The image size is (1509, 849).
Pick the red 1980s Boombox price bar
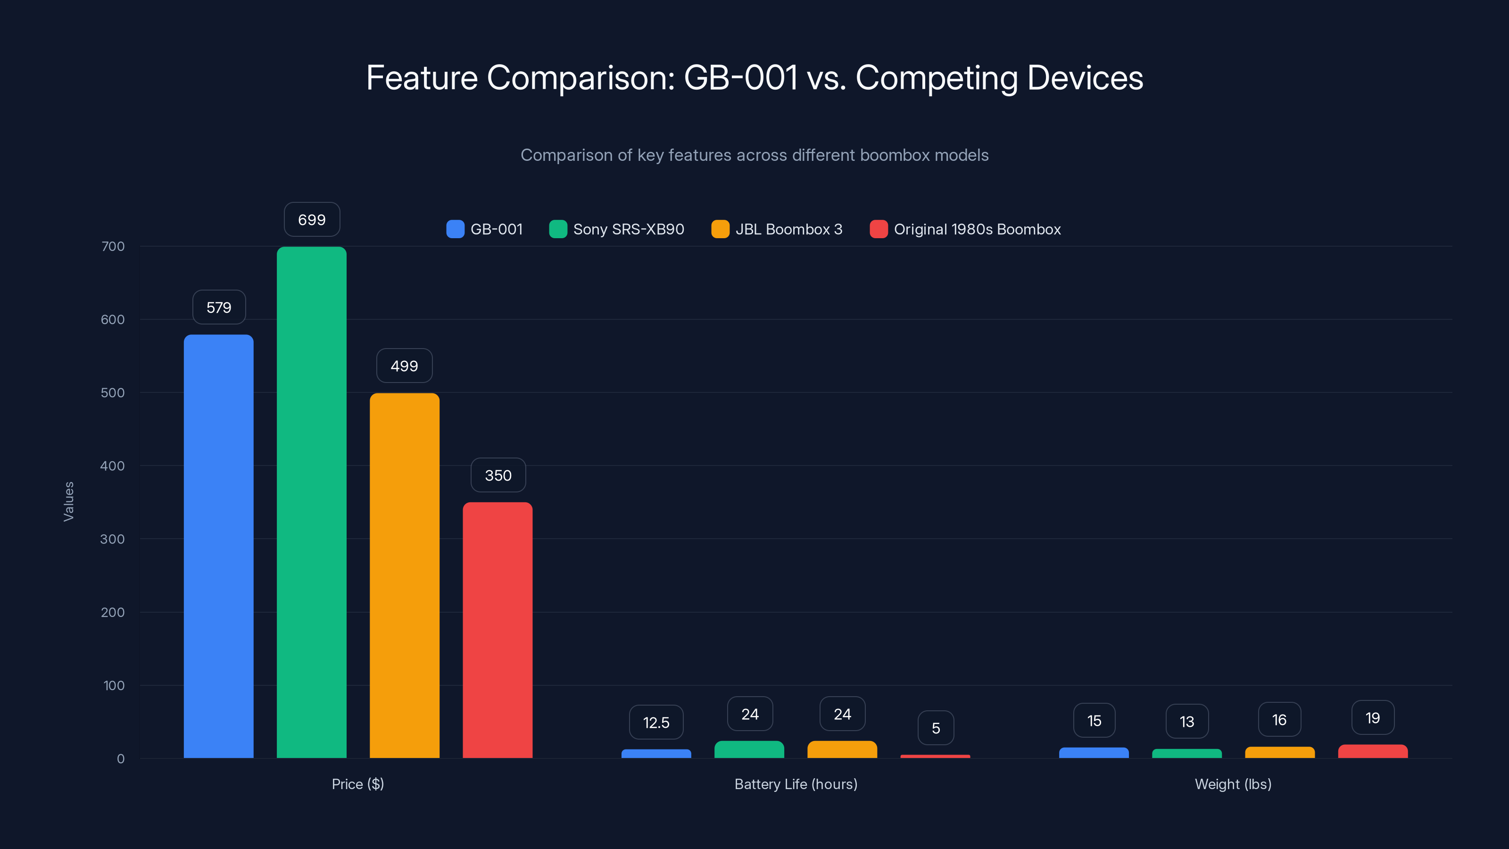[497, 630]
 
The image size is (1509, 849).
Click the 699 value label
[312, 220]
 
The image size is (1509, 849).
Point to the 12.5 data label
[656, 723]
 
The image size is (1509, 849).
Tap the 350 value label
[498, 475]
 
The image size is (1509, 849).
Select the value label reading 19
[1373, 718]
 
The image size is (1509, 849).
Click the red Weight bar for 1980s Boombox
[1373, 751]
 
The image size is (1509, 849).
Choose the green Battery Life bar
[749, 749]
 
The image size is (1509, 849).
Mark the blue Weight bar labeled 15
[1094, 752]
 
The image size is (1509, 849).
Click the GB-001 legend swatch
[455, 229]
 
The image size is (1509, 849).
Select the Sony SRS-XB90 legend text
[629, 229]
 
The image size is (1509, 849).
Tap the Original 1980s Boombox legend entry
[977, 229]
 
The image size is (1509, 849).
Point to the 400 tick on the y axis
[113, 466]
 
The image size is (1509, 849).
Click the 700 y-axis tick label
[113, 246]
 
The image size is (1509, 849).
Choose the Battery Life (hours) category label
[796, 784]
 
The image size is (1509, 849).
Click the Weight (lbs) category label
[1233, 784]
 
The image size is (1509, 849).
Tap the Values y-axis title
[68, 501]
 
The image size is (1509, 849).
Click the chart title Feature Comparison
[754, 77]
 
